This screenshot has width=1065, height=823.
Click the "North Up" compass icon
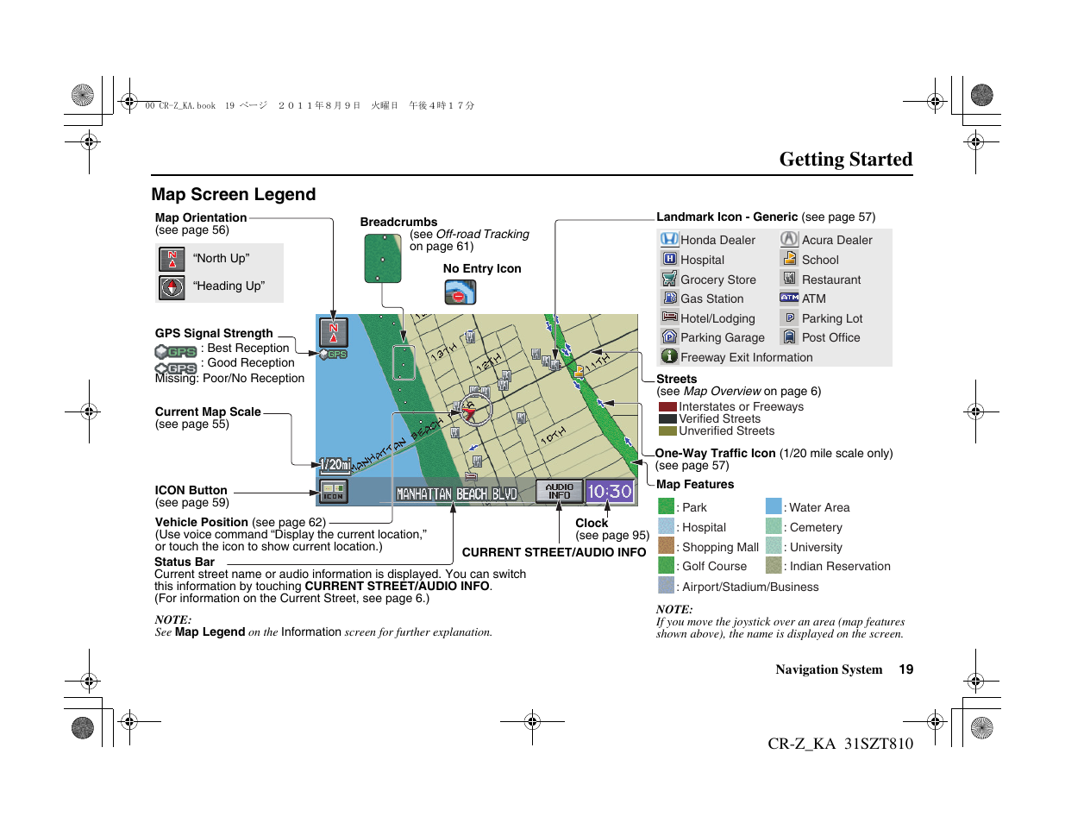coord(172,259)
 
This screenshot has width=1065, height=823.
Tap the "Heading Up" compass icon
coord(172,286)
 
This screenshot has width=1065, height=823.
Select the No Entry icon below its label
coord(460,293)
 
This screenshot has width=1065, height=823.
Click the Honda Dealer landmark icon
coord(669,239)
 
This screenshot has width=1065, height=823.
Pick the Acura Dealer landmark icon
coord(789,239)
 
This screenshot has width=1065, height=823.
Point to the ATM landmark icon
coord(789,298)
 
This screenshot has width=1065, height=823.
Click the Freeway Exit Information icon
coord(669,356)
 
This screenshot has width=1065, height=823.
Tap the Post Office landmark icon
coord(789,337)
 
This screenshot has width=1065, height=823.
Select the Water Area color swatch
coord(774,506)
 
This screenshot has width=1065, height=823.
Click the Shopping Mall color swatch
coord(666,545)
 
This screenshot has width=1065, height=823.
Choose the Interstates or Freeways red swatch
coord(667,407)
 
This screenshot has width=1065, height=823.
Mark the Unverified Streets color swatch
coord(667,430)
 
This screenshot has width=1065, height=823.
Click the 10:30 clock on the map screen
coord(610,492)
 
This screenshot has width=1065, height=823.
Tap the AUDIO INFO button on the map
coord(559,492)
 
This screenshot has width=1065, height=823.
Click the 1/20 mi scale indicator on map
coord(334,465)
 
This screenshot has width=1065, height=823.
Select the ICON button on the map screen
coord(333,492)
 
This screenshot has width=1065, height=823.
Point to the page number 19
coord(905,669)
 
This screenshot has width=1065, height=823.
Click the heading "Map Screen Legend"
coord(234,195)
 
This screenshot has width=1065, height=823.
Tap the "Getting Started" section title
coord(845,160)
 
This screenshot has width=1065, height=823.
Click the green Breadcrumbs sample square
coord(383,258)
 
